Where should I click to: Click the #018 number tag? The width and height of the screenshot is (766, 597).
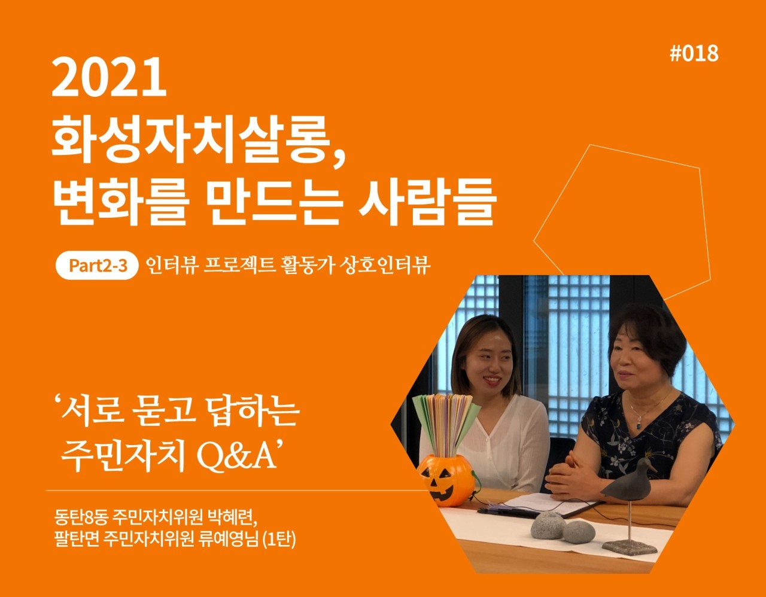pos(694,54)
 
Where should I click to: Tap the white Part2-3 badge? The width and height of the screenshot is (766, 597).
pos(96,266)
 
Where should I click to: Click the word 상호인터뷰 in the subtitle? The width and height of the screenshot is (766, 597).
pos(385,265)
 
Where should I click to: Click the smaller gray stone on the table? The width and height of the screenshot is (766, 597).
pos(577,532)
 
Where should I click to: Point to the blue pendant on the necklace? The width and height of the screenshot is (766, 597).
pos(639,426)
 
